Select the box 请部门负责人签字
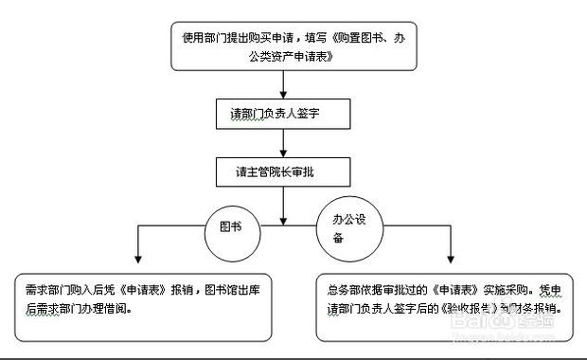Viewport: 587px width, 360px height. coord(284,113)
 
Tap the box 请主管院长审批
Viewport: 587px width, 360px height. coord(284,174)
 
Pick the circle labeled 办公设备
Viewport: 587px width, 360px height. coord(349,231)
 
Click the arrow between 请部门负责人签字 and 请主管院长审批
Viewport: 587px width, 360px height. coord(284,145)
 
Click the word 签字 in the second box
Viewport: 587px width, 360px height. coord(317,113)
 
